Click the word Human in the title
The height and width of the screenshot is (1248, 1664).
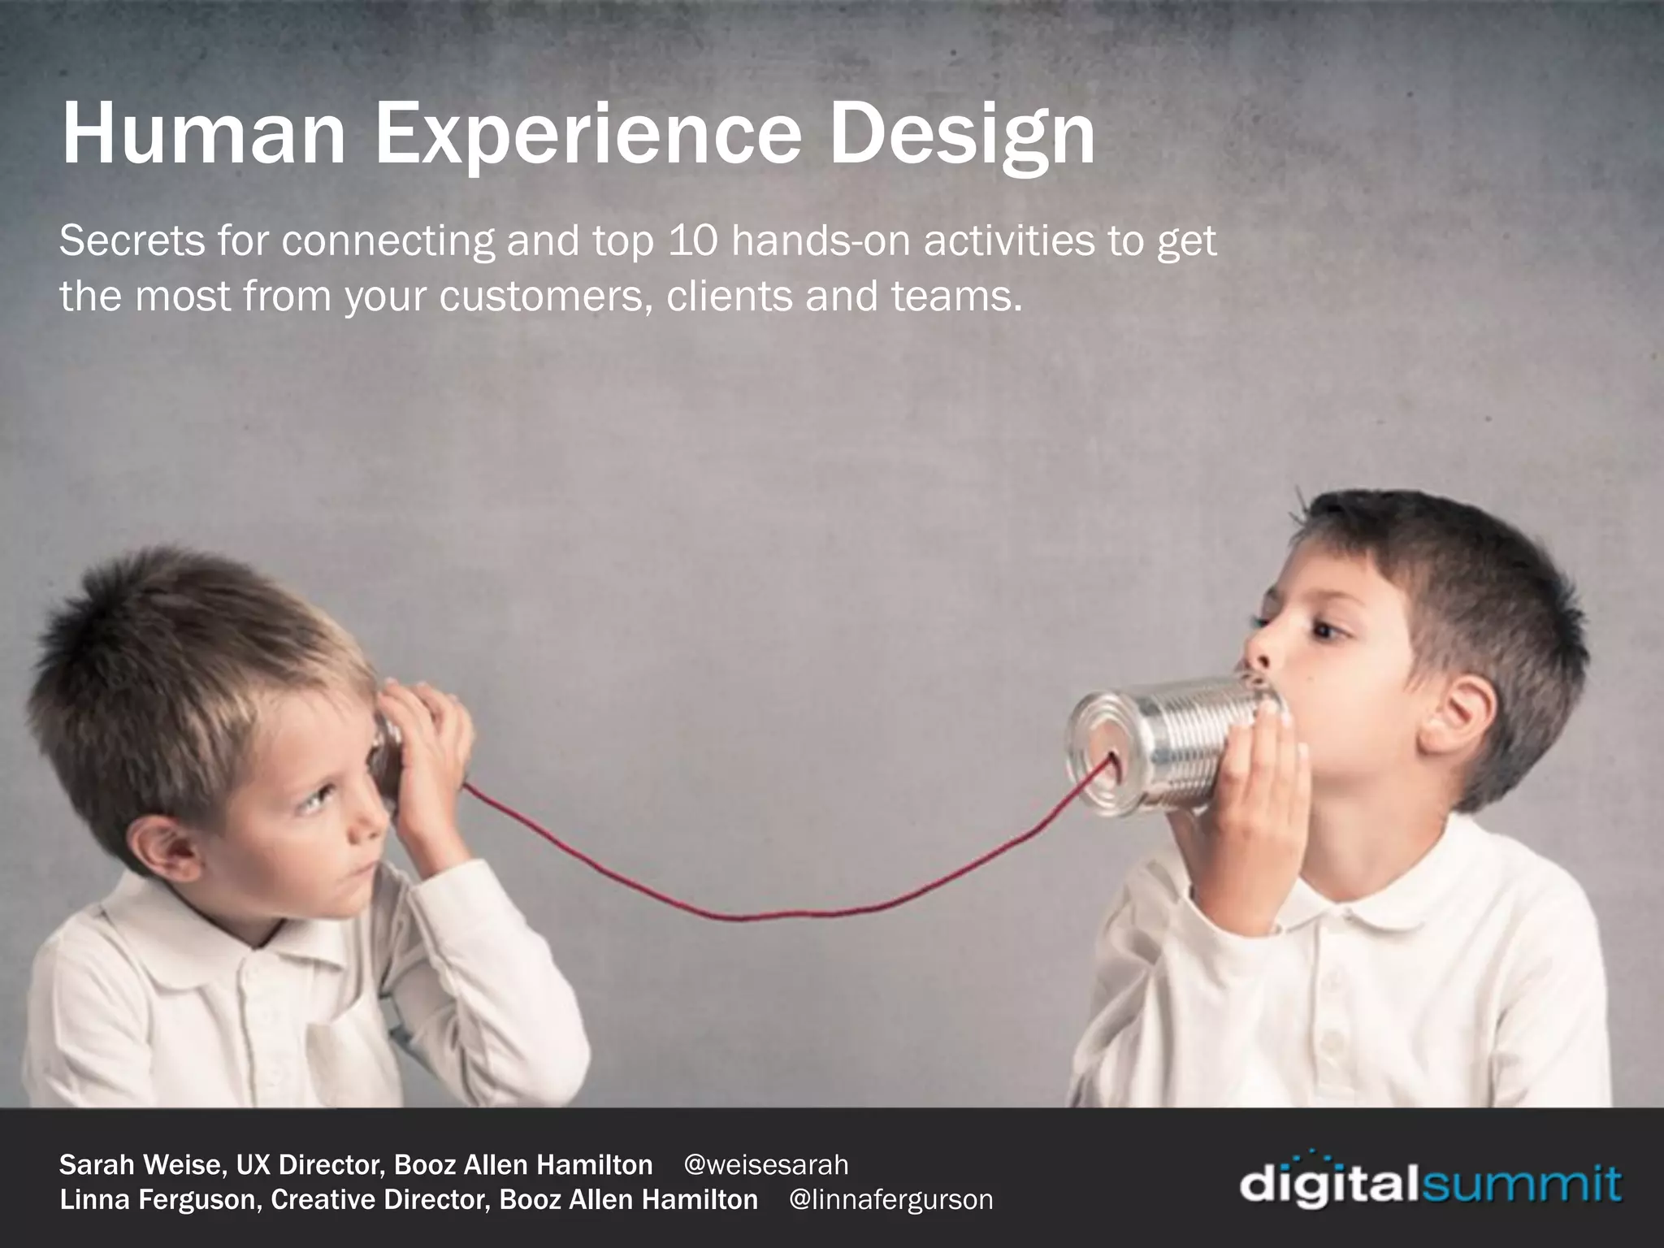203,135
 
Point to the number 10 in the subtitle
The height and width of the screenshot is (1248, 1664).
691,240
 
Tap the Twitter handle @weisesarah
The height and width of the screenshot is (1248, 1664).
766,1164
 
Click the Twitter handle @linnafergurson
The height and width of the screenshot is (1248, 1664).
890,1199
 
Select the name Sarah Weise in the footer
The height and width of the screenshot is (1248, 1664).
143,1164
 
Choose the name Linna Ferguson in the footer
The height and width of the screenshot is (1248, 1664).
160,1199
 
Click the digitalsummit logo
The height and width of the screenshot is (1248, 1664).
1430,1183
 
